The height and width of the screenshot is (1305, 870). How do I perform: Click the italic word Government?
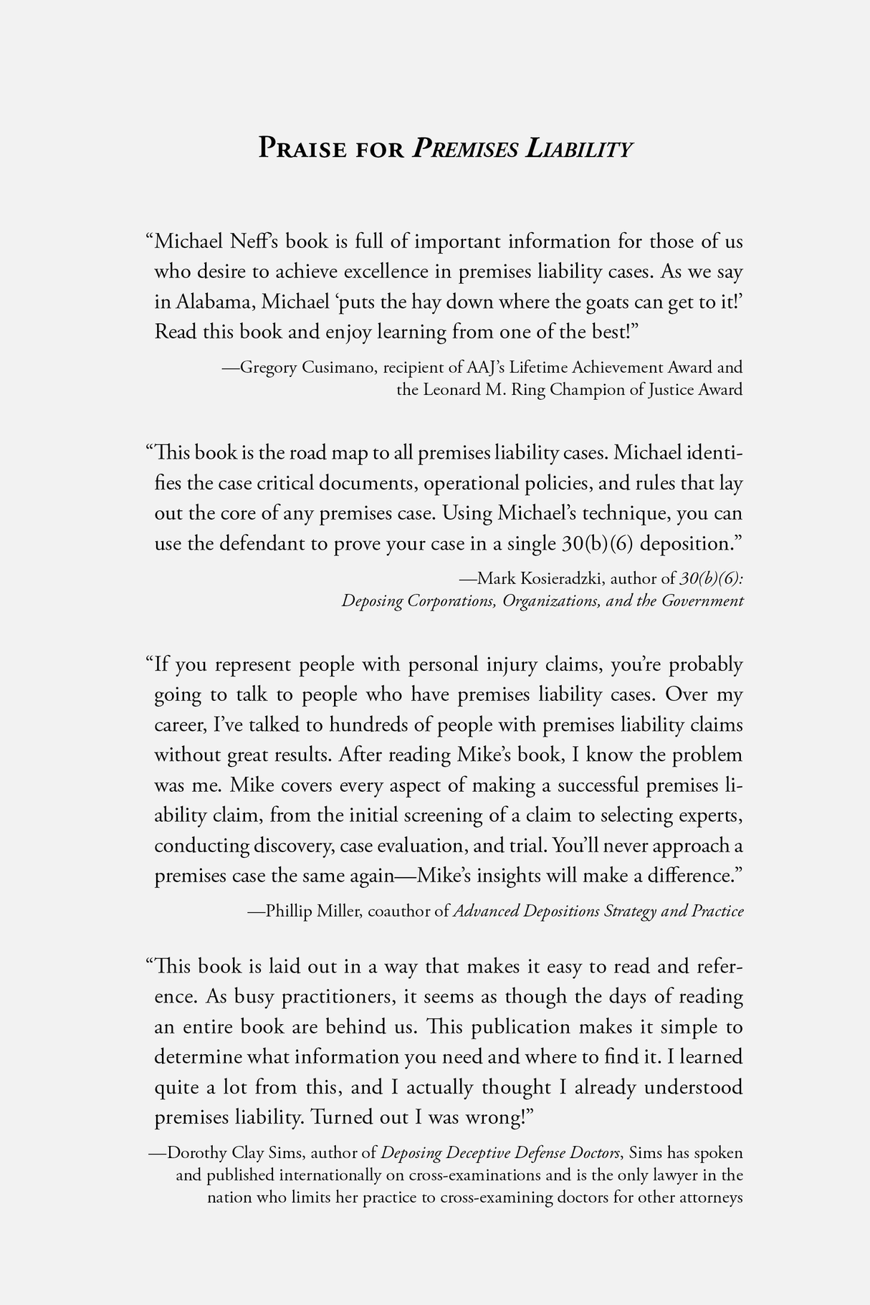702,600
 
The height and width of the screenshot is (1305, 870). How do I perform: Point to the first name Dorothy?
199,1152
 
